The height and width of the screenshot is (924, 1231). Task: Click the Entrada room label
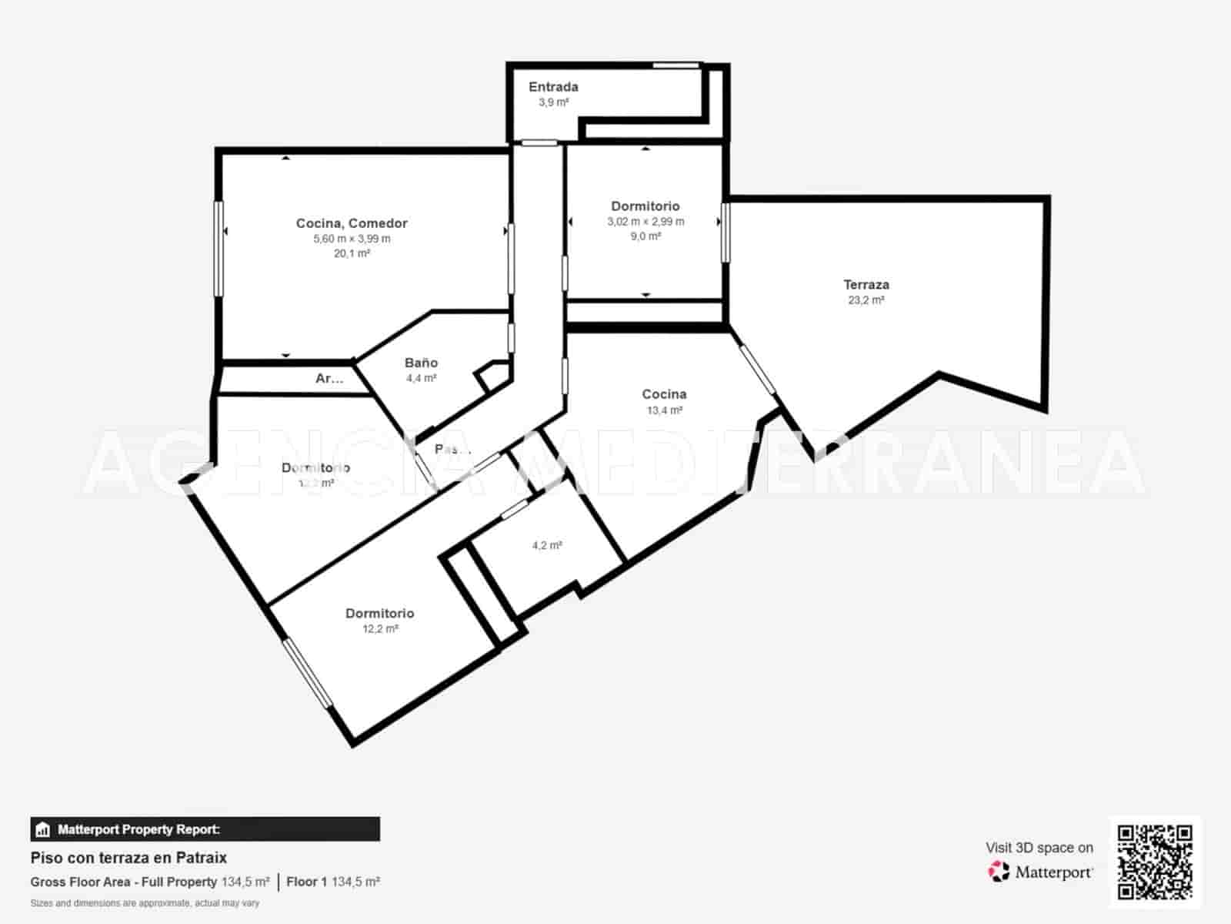553,87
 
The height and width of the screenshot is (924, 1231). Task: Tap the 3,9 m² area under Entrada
553,102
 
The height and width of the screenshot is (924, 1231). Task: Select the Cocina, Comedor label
352,223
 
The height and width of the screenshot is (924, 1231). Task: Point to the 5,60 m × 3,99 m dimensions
352,239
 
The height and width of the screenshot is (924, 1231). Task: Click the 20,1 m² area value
352,253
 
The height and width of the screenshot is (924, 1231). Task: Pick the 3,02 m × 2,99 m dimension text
646,222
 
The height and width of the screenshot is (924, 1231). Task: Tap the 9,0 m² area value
646,236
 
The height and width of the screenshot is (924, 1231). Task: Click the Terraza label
866,285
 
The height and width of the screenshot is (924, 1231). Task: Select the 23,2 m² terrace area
866,300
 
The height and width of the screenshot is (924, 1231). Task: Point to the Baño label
421,363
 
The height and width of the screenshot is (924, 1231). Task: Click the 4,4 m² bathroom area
421,378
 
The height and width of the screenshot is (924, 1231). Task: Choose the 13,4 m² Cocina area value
664,410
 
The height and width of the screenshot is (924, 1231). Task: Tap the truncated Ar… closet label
329,379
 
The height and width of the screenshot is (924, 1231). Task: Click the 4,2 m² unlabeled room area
547,545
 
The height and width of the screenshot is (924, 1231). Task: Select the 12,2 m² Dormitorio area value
380,629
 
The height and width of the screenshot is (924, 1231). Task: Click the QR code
1155,862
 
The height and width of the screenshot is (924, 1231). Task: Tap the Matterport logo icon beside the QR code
999,872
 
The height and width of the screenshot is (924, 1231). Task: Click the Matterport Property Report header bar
205,829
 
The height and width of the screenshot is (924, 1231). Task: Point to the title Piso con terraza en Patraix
128,857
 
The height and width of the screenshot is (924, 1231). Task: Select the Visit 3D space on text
1039,848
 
